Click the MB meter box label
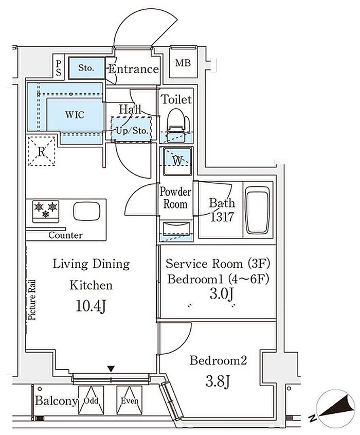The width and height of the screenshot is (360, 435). click(183, 63)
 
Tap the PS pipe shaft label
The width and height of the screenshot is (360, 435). click(59, 68)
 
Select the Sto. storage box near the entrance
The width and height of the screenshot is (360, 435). click(87, 67)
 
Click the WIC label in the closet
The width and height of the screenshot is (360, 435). click(75, 115)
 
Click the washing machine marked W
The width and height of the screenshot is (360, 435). click(177, 162)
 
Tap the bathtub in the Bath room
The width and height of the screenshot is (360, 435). click(258, 210)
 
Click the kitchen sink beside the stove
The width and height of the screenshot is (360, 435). click(87, 211)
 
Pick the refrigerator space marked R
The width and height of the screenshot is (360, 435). click(42, 151)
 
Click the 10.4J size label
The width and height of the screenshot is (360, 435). click(91, 306)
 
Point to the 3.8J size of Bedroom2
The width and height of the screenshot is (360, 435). click(218, 382)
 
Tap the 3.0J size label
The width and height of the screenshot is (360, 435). click(222, 294)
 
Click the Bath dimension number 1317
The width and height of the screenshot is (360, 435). click(222, 217)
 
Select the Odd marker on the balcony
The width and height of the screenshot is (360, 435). click(91, 401)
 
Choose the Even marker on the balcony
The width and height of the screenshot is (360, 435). click(130, 401)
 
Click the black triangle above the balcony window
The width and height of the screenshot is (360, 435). click(111, 369)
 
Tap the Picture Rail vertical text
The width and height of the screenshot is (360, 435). click(32, 300)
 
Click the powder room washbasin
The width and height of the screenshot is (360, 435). click(176, 229)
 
